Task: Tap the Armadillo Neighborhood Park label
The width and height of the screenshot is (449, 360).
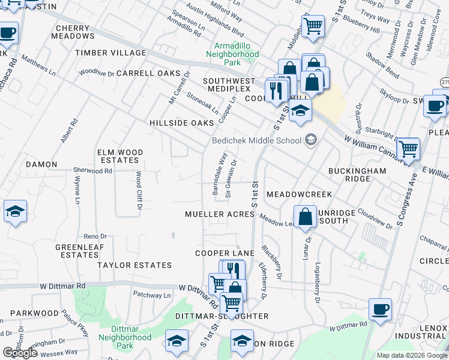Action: [x=232, y=53]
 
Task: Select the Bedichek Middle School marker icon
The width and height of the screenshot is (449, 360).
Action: [x=310, y=140]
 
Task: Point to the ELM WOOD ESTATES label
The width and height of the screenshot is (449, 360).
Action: [x=119, y=157]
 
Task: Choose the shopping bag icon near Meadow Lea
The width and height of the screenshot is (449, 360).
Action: [x=306, y=217]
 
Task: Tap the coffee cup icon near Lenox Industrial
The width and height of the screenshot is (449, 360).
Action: [x=379, y=309]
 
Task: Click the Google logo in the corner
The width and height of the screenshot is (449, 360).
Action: [x=20, y=353]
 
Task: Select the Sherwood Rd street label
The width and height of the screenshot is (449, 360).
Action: [x=93, y=171]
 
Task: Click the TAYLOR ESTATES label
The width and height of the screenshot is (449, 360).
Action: [x=134, y=265]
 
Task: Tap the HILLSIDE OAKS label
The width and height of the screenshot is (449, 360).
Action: [x=181, y=122]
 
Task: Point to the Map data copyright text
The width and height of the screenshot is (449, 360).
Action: [x=412, y=355]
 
